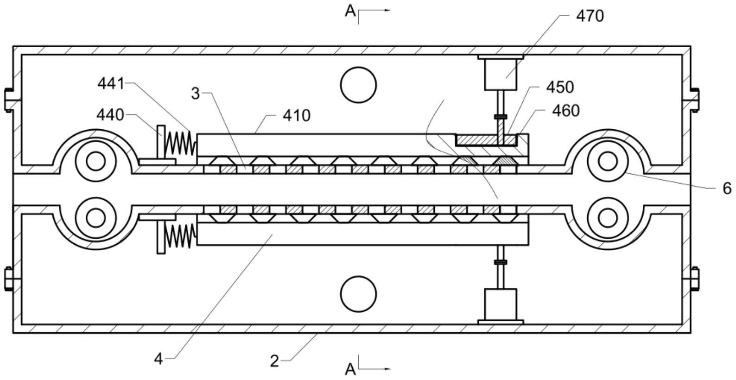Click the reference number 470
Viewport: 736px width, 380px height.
click(x=590, y=16)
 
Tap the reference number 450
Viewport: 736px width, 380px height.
click(x=560, y=87)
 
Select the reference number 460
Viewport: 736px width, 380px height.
click(x=566, y=111)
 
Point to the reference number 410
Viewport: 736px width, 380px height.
click(x=297, y=115)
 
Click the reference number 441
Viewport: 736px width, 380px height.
click(x=111, y=84)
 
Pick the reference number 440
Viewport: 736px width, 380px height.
click(x=110, y=114)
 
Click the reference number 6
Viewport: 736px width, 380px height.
click(x=727, y=188)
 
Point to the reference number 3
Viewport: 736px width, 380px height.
click(x=195, y=94)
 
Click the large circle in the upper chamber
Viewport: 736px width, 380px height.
click(x=358, y=85)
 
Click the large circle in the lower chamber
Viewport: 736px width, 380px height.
click(x=358, y=294)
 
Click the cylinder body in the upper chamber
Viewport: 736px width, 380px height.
click(x=501, y=74)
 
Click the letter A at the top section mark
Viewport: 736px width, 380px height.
click(x=350, y=12)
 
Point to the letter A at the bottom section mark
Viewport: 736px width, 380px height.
click(x=350, y=369)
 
